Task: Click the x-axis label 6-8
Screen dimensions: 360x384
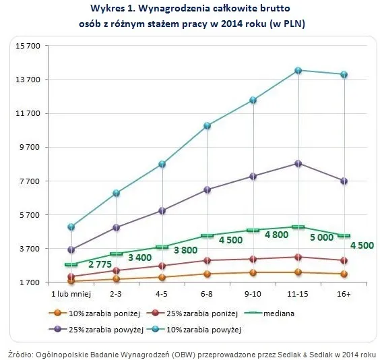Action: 207,295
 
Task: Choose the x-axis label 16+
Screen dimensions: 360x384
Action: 344,295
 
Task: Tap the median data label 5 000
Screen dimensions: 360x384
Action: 321,238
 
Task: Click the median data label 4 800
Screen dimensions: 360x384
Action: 277,235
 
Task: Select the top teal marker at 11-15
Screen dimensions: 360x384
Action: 298,70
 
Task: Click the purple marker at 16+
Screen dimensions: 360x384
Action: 344,181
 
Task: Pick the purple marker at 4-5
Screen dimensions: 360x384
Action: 162,210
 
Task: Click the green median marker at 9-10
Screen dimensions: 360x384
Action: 253,230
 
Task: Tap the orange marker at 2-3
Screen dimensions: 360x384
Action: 116,278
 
